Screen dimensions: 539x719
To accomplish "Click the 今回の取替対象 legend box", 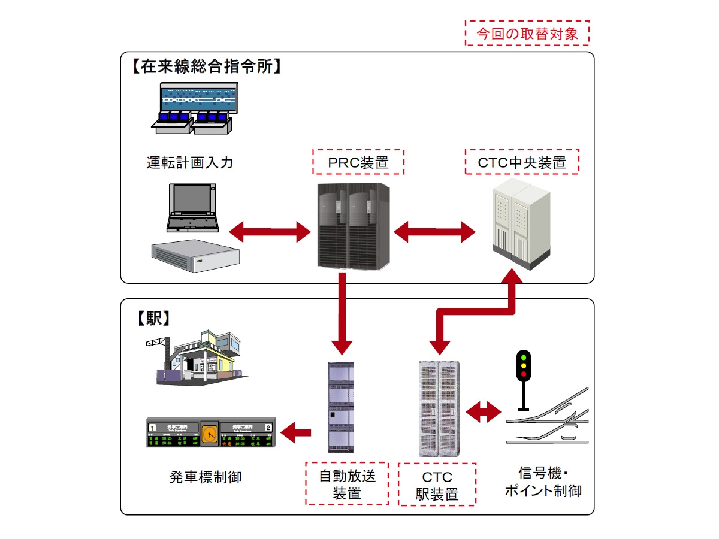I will (x=527, y=33).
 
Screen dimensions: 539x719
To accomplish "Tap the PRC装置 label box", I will (x=358, y=162).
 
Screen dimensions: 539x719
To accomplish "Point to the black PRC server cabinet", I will (x=354, y=226).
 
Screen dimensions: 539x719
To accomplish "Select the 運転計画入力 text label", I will (x=189, y=162).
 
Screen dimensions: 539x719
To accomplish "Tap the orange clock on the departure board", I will (x=209, y=432).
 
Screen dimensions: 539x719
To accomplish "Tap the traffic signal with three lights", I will (x=524, y=365).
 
